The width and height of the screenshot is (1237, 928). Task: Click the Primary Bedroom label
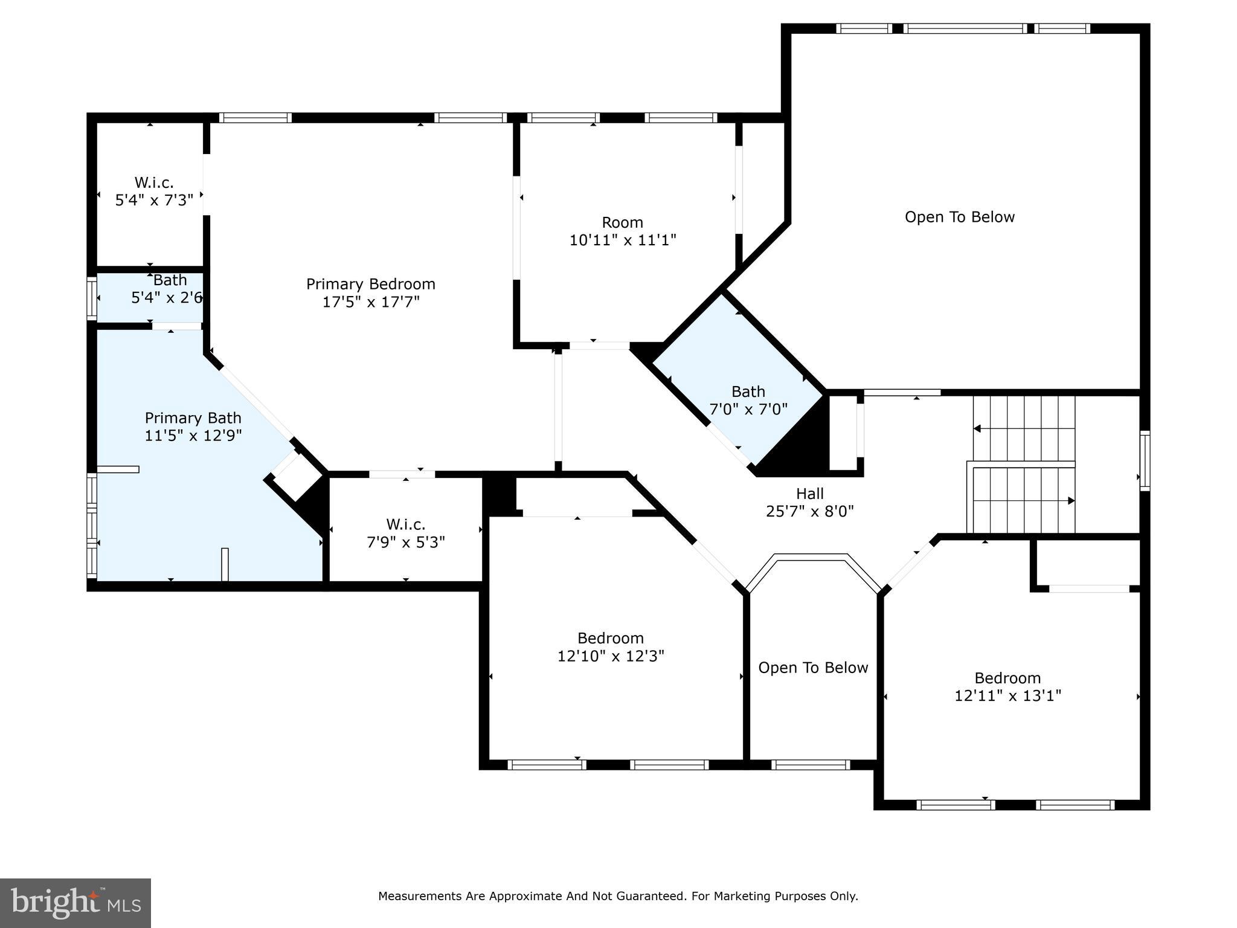click(370, 284)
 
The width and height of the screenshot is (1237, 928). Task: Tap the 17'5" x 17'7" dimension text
click(370, 301)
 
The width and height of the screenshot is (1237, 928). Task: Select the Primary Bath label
click(193, 418)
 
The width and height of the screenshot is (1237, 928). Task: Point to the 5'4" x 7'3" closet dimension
click(154, 200)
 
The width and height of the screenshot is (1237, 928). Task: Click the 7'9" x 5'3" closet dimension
click(406, 542)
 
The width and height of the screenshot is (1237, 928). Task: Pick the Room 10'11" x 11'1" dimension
click(623, 240)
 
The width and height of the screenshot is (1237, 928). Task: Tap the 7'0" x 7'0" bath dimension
click(748, 409)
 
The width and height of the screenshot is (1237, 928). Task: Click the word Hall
click(810, 494)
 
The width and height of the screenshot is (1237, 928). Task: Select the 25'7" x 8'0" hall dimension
click(810, 511)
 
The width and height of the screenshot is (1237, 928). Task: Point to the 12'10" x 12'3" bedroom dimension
click(611, 656)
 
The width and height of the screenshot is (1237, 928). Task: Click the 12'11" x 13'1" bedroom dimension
click(1007, 695)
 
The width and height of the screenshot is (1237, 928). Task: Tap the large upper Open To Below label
click(960, 217)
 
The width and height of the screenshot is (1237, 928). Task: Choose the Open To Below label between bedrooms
click(813, 668)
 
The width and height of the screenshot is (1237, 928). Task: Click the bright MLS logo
click(76, 903)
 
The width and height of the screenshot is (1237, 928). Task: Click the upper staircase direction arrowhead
click(977, 429)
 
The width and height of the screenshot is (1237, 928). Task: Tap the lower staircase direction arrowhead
click(1072, 501)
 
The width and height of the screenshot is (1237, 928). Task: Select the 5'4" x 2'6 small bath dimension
click(167, 298)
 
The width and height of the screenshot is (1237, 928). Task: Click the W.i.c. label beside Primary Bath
click(406, 524)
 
